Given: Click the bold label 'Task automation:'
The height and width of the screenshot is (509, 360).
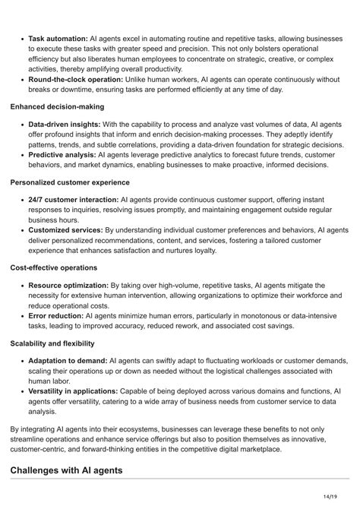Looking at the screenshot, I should click(x=58, y=36).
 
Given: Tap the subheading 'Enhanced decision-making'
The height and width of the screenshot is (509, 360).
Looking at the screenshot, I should click(x=57, y=107).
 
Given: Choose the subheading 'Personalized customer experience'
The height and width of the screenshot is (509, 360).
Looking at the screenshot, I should click(x=70, y=182).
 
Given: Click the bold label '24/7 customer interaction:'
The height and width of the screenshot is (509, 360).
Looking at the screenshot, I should click(x=73, y=200).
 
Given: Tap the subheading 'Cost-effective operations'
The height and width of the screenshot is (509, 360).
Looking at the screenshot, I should click(x=54, y=267).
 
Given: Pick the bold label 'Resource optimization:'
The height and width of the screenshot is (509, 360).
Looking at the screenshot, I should click(x=68, y=285).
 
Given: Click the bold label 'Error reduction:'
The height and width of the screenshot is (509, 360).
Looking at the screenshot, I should click(x=56, y=315).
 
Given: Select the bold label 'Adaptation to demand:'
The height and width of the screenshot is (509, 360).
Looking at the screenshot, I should click(x=68, y=360).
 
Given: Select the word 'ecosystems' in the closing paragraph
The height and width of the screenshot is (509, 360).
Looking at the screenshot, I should click(x=136, y=430).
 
